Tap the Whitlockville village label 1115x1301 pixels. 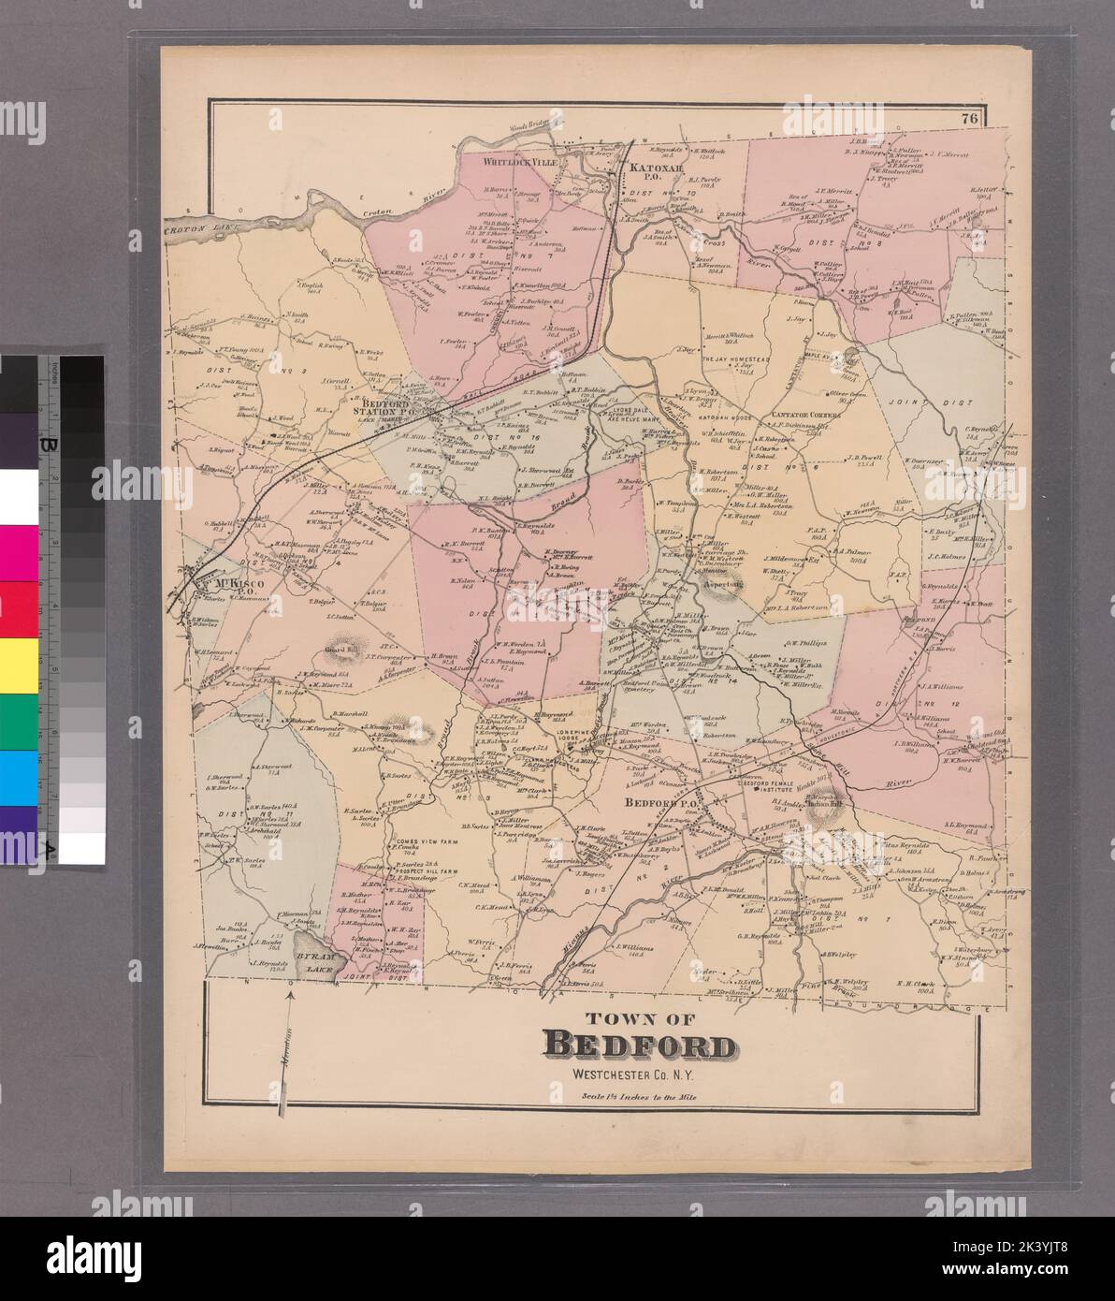pos(519,162)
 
